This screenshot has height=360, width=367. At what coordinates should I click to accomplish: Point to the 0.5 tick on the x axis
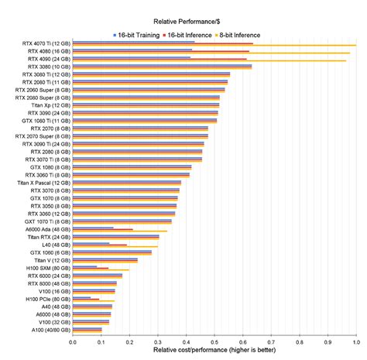tap(214, 341)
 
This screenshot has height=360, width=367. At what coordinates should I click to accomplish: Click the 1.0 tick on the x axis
tap(355, 341)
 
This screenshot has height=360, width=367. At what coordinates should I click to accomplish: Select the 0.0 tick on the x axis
tap(73, 341)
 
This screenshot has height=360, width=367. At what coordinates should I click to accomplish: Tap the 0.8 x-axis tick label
tap(299, 341)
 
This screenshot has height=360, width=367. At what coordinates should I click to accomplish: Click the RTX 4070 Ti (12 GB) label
tap(47, 43)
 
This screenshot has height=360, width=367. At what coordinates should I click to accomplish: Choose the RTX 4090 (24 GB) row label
tap(49, 59)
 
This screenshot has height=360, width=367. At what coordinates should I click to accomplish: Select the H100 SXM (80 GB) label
tap(49, 268)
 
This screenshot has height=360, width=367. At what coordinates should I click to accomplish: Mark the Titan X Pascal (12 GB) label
tap(43, 183)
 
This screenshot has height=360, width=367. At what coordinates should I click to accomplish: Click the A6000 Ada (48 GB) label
tap(48, 229)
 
